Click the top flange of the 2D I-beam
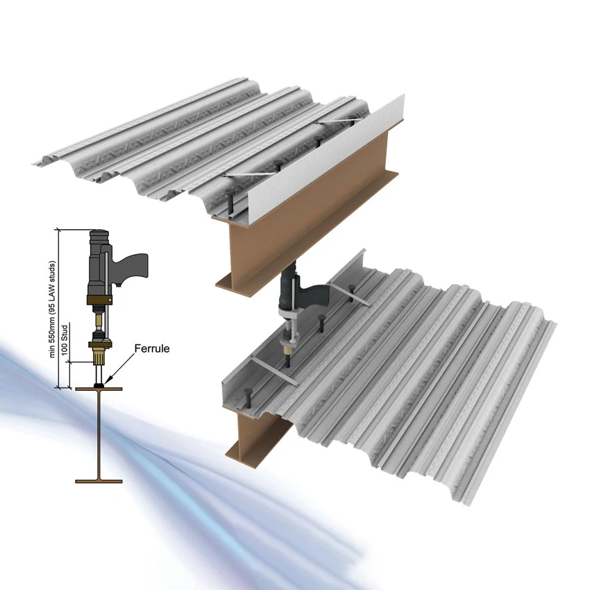click(x=99, y=389)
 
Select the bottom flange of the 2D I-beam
click(x=99, y=479)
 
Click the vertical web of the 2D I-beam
click(x=99, y=434)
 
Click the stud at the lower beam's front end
click(x=248, y=401)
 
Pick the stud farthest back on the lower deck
click(x=353, y=290)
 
